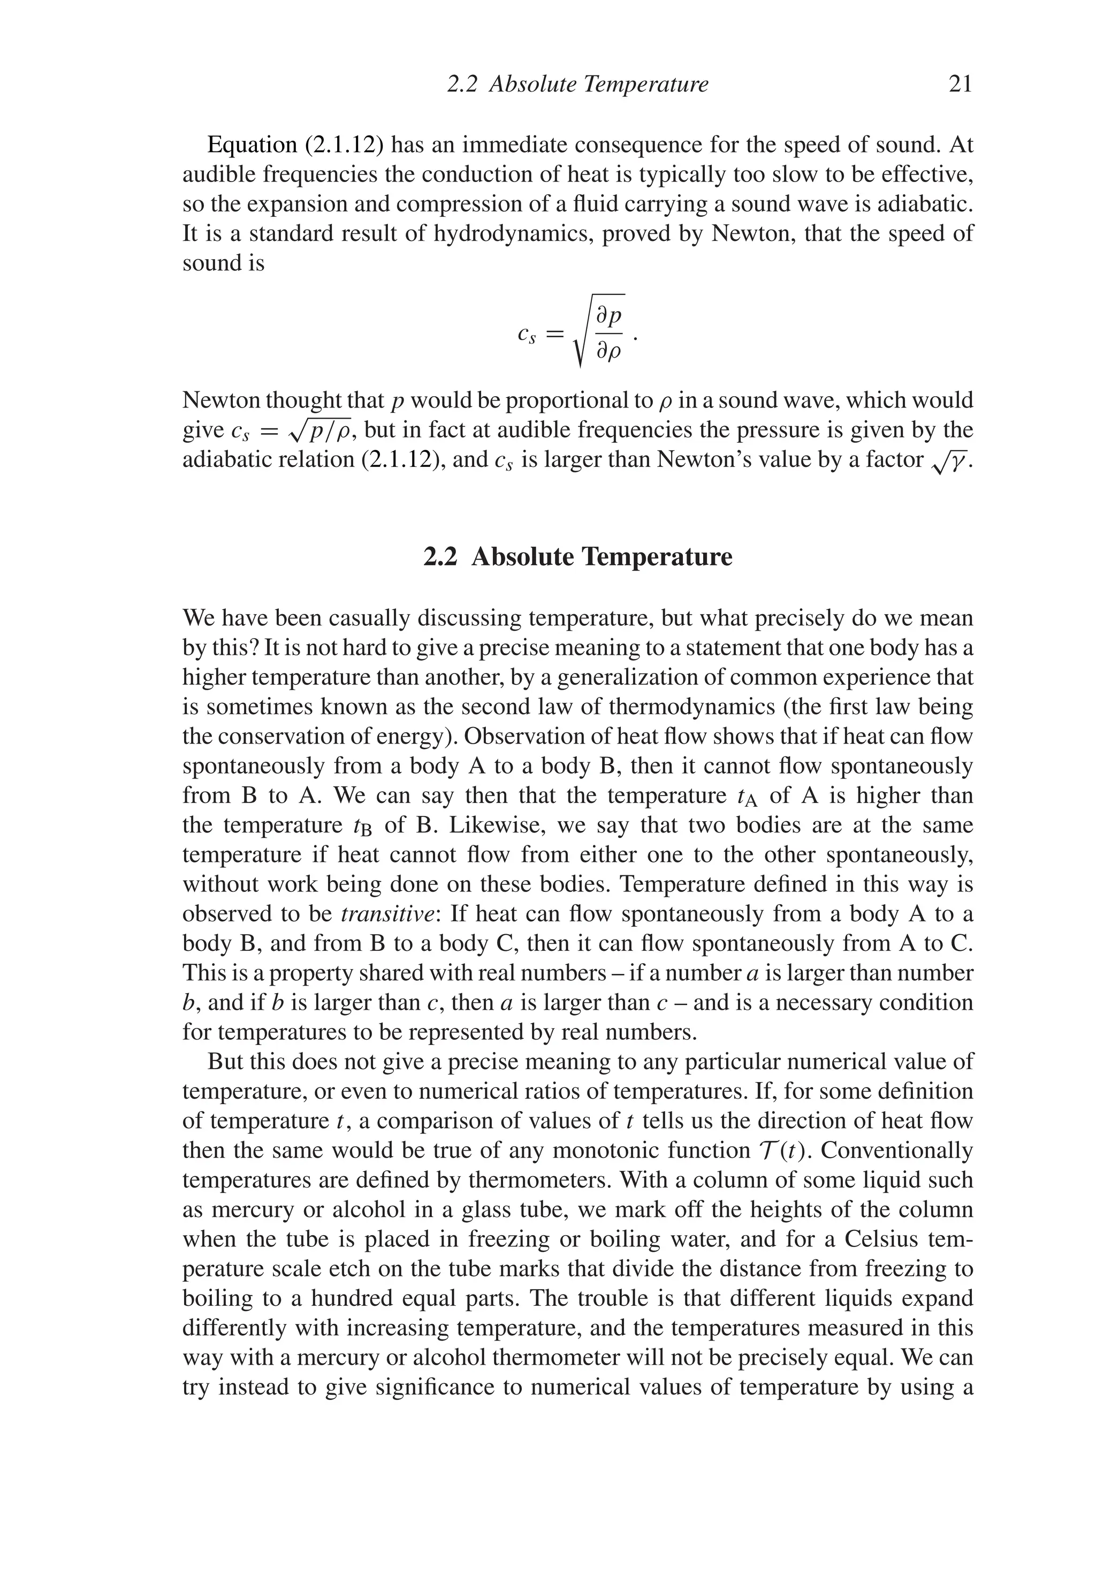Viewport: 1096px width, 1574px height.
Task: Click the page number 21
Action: coord(960,85)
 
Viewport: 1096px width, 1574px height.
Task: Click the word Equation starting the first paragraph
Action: coord(252,145)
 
